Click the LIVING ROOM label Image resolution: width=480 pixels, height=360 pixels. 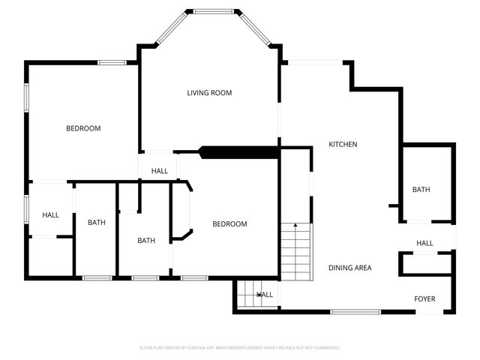209,93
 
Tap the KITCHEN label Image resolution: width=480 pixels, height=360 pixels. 343,144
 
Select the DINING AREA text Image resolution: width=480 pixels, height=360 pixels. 349,268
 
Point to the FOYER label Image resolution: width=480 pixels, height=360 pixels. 424,299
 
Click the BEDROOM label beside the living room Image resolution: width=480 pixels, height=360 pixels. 83,128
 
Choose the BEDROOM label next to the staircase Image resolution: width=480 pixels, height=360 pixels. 229,223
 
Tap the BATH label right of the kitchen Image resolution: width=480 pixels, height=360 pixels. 421,190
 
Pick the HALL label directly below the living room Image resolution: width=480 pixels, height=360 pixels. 160,171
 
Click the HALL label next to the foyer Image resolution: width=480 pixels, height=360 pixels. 424,243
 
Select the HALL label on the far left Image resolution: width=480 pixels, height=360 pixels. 50,215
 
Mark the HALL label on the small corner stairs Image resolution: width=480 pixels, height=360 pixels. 265,295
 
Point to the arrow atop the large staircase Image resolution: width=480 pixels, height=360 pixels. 295,224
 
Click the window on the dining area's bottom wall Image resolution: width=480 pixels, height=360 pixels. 355,311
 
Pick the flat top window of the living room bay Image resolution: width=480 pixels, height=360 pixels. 212,11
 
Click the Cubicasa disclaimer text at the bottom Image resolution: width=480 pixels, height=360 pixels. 240,348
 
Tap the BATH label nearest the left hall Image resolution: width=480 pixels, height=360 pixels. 97,222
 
